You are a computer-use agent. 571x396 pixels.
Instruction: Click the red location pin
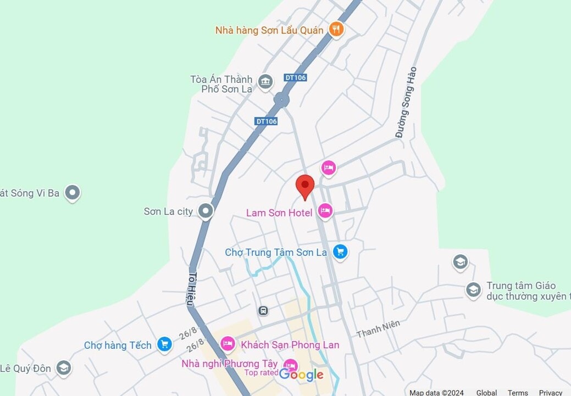pos(305,186)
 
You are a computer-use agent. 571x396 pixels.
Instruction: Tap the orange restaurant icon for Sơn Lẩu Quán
pos(336,29)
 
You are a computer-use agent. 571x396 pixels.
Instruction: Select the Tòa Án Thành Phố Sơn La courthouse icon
pos(265,82)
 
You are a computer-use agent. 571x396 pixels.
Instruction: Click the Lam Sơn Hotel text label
pos(279,213)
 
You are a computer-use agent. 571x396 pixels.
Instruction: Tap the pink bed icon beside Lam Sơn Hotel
pos(325,211)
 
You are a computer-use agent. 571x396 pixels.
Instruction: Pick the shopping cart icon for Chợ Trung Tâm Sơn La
pos(340,252)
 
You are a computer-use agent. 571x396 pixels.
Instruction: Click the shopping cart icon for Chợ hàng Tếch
pos(164,344)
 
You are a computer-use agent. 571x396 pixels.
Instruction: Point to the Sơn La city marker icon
pos(206,210)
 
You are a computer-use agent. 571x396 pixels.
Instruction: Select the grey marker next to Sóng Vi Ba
pos(72,192)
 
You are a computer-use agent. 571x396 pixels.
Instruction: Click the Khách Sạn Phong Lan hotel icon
pos(228,344)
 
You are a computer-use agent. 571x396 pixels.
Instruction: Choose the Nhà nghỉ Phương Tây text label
pos(229,363)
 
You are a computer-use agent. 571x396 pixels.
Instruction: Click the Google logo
pos(301,375)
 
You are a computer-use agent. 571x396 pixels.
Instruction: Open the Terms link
pos(518,392)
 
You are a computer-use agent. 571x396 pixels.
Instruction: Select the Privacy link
pos(550,392)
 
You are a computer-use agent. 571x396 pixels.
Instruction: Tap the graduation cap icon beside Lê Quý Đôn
pos(64,367)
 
